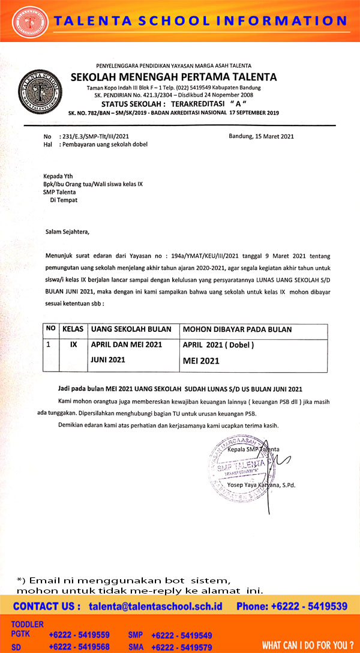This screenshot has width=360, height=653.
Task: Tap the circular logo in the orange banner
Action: [31, 22]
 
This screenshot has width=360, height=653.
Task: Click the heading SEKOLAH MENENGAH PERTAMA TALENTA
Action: [173, 77]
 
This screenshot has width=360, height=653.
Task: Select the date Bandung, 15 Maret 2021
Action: [261, 136]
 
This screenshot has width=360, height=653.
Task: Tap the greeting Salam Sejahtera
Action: [70, 231]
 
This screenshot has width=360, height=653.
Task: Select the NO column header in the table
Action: [51, 330]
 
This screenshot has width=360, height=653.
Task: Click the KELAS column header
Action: [73, 330]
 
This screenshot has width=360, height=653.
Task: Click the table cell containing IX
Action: [74, 345]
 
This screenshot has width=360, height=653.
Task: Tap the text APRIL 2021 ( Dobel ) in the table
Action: [218, 345]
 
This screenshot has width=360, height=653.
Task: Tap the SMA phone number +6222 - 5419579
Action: [182, 647]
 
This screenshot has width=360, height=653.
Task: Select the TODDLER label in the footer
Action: [28, 624]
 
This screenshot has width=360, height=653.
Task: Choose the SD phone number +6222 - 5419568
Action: [79, 647]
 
